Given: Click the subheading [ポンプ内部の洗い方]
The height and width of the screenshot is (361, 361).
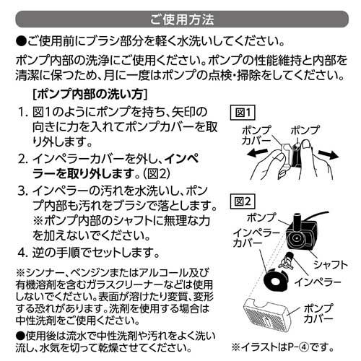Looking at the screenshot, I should coord(90,94).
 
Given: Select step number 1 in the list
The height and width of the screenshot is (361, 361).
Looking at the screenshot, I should coord(22,113).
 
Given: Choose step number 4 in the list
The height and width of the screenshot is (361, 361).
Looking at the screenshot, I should coord(22,253).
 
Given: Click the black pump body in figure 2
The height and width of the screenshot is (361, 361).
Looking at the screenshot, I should coord(297,231).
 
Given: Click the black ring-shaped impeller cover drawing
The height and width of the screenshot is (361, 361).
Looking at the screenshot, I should coord(274,280).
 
